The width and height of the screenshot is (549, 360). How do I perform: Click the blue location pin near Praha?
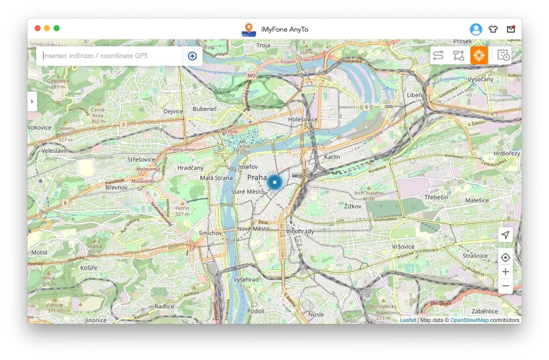click(274, 183)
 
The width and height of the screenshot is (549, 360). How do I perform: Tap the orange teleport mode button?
click(479, 55)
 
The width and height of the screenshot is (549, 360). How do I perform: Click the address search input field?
click(110, 56)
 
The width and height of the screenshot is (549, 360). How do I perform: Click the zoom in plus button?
click(505, 272)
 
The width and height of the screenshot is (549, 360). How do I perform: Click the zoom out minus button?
click(505, 286)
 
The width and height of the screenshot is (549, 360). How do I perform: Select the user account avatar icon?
click(476, 29)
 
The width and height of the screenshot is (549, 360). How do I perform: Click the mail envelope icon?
click(511, 29)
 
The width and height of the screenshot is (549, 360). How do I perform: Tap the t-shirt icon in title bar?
click(493, 29)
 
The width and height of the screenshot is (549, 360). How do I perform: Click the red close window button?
click(38, 28)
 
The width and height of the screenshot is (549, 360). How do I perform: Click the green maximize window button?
click(57, 28)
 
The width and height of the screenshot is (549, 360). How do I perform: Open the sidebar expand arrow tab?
click(32, 102)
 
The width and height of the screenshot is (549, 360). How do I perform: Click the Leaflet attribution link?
click(408, 320)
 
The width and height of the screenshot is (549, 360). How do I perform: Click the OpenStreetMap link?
click(469, 320)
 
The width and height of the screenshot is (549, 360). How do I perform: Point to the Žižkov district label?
click(353, 206)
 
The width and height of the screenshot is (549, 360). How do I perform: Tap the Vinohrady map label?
click(300, 231)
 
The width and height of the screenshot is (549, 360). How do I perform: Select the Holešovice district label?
click(302, 119)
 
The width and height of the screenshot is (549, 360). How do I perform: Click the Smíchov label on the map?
click(210, 233)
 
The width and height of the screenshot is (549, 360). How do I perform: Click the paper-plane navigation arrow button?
click(505, 235)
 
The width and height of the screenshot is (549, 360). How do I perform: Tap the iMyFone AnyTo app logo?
click(249, 29)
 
